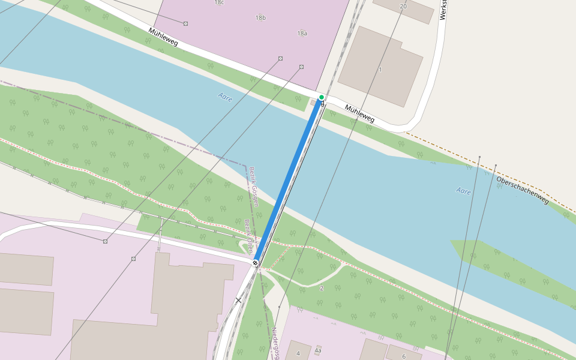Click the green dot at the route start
tap(322, 97)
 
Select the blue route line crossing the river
tap(288, 180)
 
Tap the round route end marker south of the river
tap(256, 262)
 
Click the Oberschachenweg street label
tap(522, 190)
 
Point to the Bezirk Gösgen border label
tap(253, 186)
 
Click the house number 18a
tap(302, 33)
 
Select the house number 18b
tap(260, 18)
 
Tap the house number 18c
tap(219, 2)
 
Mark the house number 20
tap(403, 6)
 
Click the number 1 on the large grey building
tap(380, 70)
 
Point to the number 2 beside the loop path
tap(321, 289)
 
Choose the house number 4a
tap(318, 350)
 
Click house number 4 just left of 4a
tap(298, 353)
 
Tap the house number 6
tap(404, 356)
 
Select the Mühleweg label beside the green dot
tap(359, 113)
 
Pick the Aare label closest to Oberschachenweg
tap(463, 191)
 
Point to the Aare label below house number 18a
tap(226, 97)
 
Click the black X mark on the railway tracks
tap(238, 299)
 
